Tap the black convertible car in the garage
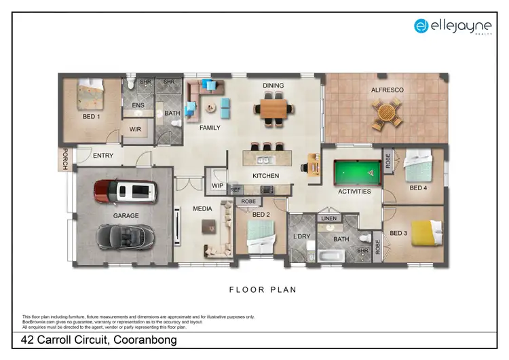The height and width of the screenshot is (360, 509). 126,236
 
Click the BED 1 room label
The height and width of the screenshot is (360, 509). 91,117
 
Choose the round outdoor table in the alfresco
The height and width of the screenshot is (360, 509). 386,112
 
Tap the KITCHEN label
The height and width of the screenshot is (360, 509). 266,176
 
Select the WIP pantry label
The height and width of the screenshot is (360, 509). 218,185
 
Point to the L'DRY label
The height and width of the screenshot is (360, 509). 301,236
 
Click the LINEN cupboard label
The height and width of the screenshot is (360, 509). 329,219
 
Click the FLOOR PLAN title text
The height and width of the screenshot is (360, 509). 263,289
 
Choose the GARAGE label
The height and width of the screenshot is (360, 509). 126,216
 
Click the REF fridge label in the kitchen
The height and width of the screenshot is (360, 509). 235,190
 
